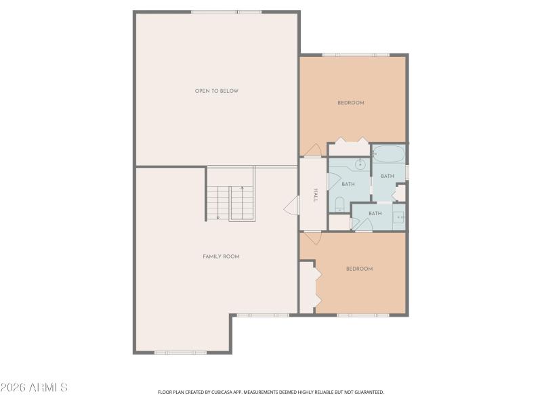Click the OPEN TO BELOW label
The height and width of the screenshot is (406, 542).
click(x=216, y=91)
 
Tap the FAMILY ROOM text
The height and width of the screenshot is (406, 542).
click(x=221, y=256)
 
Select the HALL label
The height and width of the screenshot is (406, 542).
click(x=316, y=196)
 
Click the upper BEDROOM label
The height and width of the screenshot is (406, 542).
click(x=351, y=103)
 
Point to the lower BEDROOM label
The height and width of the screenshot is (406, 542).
click(x=359, y=269)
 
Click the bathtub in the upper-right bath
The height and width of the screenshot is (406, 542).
click(x=389, y=154)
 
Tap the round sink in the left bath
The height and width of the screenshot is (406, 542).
click(x=360, y=164)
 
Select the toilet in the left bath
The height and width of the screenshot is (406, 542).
click(x=339, y=204)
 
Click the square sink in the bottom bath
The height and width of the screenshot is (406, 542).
click(x=398, y=217)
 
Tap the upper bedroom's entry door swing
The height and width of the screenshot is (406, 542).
click(x=312, y=150)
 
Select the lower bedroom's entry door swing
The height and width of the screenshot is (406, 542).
click(x=312, y=238)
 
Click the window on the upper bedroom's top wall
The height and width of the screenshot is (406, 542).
click(x=355, y=54)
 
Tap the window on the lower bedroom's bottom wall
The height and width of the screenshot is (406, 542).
click(x=362, y=315)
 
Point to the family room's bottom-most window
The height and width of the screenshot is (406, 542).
click(x=180, y=353)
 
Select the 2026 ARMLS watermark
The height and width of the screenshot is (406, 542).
click(x=34, y=388)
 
